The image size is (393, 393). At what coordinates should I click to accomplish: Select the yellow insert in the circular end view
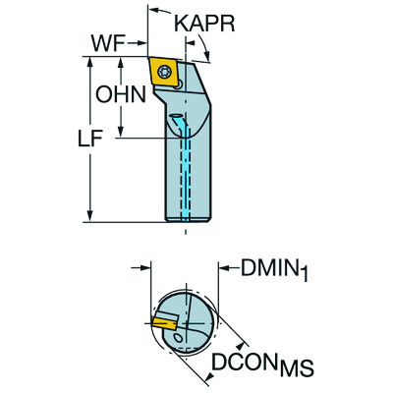point(164,320)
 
